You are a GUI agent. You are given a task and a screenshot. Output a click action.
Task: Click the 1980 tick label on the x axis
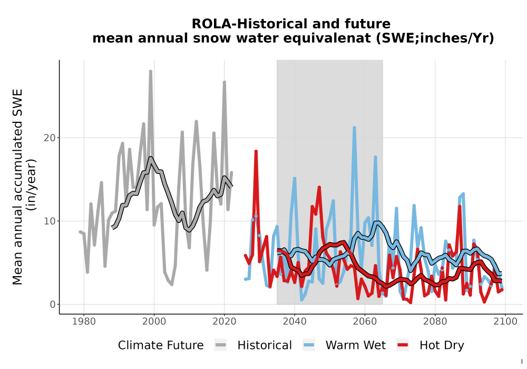(84, 322)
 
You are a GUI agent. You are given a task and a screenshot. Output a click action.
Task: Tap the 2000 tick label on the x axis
(154, 322)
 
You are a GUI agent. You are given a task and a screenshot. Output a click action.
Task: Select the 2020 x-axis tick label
(224, 322)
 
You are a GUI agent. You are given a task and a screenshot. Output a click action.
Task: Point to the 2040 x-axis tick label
(295, 322)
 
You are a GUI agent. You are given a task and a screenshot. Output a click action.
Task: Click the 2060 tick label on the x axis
(365, 322)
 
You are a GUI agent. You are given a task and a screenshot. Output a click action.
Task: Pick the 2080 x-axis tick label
(435, 322)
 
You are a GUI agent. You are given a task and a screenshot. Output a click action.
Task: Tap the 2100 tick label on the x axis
(505, 322)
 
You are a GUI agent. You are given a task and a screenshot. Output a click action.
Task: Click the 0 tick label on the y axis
(53, 305)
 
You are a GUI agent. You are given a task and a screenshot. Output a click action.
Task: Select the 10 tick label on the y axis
(50, 221)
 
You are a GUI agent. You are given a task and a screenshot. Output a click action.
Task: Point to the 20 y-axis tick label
(50, 138)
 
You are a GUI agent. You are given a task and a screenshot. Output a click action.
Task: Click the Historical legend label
(265, 345)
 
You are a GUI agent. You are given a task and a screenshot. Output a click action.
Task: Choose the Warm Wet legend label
(356, 345)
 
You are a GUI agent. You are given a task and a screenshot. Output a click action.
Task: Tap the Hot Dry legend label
(442, 345)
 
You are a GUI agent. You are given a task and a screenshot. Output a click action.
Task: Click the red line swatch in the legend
(403, 345)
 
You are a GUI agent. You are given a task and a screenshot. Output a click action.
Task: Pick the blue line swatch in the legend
(308, 345)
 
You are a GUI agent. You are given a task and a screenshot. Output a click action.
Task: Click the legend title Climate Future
(161, 345)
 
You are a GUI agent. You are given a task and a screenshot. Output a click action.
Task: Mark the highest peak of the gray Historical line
(151, 71)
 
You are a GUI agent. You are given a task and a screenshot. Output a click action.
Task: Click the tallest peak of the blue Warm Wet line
(354, 128)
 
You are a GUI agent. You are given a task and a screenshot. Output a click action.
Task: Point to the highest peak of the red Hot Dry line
(256, 152)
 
